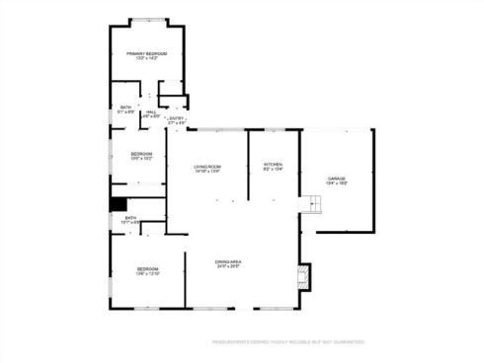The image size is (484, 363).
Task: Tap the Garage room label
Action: pyautogui.click(x=337, y=178)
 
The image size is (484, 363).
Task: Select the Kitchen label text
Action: pyautogui.click(x=273, y=164)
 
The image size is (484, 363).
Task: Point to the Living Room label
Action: pyautogui.click(x=206, y=167)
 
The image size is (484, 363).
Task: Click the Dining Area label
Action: pyautogui.click(x=229, y=260)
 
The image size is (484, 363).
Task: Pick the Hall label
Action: pyautogui.click(x=151, y=111)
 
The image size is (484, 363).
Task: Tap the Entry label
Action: pyautogui.click(x=177, y=118)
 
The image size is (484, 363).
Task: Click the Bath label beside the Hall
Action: pyautogui.click(x=125, y=108)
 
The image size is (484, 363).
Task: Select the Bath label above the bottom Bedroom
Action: pyautogui.click(x=130, y=217)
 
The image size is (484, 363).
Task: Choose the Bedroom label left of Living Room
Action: pyautogui.click(x=140, y=154)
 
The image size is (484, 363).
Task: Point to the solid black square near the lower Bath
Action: pyautogui.click(x=118, y=204)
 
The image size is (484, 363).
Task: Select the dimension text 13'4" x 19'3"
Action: pyautogui.click(x=337, y=183)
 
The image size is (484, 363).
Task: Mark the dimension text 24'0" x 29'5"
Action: pyautogui.click(x=229, y=266)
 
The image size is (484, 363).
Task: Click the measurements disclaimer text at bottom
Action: pyautogui.click(x=287, y=342)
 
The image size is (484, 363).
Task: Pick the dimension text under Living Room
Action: pyautogui.click(x=206, y=173)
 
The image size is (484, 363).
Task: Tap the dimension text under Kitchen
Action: pyautogui.click(x=273, y=170)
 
